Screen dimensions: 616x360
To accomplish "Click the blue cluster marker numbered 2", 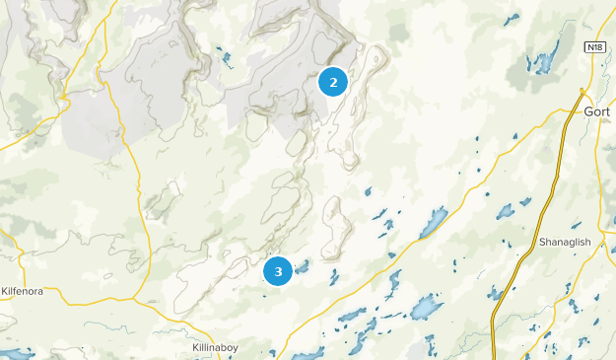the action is (x=333, y=83).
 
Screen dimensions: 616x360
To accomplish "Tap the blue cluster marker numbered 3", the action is (x=279, y=270).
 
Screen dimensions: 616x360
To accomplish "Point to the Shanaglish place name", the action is (x=564, y=243).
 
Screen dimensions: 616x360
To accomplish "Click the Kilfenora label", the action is (x=24, y=292).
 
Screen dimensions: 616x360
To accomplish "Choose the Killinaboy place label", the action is (x=214, y=348).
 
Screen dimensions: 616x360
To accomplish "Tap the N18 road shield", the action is (x=594, y=47).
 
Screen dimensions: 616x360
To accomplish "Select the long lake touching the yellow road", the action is (x=433, y=223).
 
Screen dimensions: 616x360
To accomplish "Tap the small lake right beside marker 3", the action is (x=302, y=265).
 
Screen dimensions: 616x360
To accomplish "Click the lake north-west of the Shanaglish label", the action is (x=506, y=211).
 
